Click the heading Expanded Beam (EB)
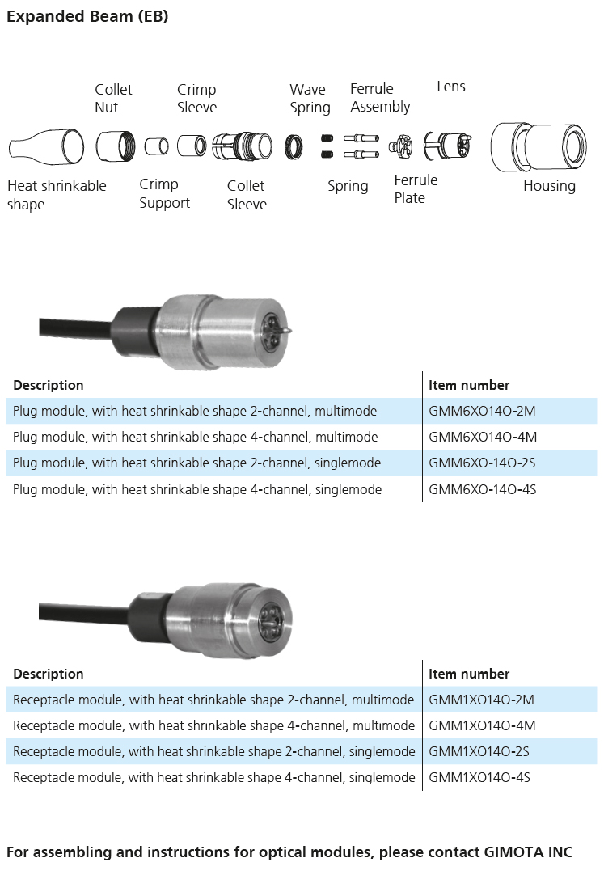(87, 16)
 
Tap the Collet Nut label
(113, 99)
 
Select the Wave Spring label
(310, 99)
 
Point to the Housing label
(549, 186)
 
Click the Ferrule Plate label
(416, 189)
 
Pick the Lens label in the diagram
(451, 87)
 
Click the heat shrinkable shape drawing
(47, 146)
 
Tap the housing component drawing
(539, 146)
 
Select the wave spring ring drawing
(294, 147)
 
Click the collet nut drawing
(116, 146)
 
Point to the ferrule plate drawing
(400, 146)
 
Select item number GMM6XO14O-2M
(482, 411)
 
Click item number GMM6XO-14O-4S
(483, 489)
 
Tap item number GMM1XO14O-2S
(479, 751)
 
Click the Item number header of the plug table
(468, 385)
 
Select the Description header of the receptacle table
(49, 674)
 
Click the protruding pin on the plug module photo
(286, 331)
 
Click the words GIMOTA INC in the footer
(528, 852)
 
